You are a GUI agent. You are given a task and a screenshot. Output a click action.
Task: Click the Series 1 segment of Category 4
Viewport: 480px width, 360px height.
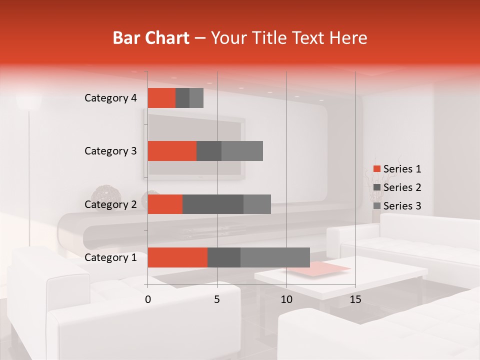coord(161,98)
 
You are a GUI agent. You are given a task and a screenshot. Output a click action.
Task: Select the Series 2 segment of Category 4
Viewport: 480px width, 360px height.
coord(182,98)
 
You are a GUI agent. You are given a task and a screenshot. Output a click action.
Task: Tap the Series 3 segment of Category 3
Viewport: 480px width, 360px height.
coord(242,151)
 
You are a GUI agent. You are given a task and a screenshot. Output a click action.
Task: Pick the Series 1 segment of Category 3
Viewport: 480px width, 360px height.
coord(172,151)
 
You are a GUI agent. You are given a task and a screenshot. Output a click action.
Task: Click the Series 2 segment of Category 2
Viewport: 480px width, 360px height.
coord(213,204)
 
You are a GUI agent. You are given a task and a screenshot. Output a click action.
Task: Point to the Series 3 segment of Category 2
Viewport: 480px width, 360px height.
coord(257,204)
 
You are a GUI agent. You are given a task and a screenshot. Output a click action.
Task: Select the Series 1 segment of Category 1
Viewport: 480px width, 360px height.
coord(177,257)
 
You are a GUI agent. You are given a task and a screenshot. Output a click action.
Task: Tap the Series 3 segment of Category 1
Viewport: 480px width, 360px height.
coord(275,257)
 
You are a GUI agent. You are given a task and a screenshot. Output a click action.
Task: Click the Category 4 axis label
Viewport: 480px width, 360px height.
coord(110,98)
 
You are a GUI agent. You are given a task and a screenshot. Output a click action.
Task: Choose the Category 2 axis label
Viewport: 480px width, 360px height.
coord(110,204)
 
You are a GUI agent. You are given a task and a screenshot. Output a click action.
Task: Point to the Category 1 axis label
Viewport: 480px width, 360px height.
coord(110,257)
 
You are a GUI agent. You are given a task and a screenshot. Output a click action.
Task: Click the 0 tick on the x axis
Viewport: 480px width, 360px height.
coord(148,299)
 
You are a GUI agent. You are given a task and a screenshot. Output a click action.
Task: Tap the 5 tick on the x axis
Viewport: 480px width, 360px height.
coord(217,299)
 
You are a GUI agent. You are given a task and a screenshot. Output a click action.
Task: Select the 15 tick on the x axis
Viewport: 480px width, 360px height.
coord(355,299)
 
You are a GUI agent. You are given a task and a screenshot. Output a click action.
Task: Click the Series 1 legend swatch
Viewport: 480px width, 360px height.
coord(376,169)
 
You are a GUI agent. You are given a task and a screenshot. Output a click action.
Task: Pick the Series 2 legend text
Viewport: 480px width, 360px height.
coord(402,187)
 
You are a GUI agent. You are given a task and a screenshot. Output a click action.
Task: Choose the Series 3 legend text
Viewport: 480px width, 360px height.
coord(402,206)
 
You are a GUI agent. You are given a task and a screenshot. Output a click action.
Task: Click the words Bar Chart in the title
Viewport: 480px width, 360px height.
coord(151,38)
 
